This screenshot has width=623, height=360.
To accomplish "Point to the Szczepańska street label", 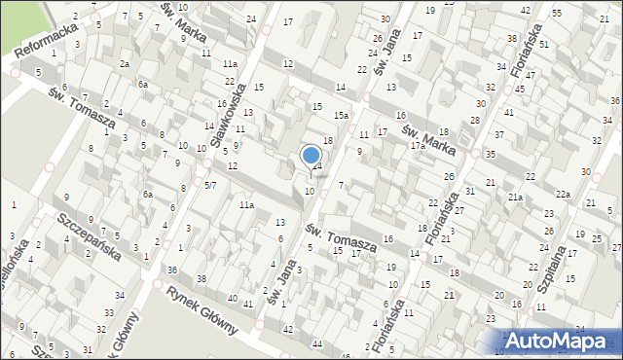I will [x=89, y=234].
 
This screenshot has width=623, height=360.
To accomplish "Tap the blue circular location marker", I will [x=311, y=155].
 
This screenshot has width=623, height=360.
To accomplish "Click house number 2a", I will [x=125, y=63].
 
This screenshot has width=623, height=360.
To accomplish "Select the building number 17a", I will [x=417, y=146].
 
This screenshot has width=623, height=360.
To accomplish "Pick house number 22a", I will [x=563, y=195].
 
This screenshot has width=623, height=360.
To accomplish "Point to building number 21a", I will [x=515, y=198].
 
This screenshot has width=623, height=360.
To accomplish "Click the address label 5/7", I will [x=210, y=184].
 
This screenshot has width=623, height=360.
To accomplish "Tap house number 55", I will [x=556, y=13].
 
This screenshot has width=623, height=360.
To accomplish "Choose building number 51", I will [x=543, y=45].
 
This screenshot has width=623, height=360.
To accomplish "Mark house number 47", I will [x=529, y=75].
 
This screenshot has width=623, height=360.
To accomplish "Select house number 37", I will [x=499, y=134].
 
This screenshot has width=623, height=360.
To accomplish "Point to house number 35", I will [x=491, y=154].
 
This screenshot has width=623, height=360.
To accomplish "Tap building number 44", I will [x=317, y=344].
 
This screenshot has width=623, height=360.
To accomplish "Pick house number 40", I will [x=233, y=298].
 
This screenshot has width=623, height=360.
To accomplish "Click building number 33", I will [x=104, y=314].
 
